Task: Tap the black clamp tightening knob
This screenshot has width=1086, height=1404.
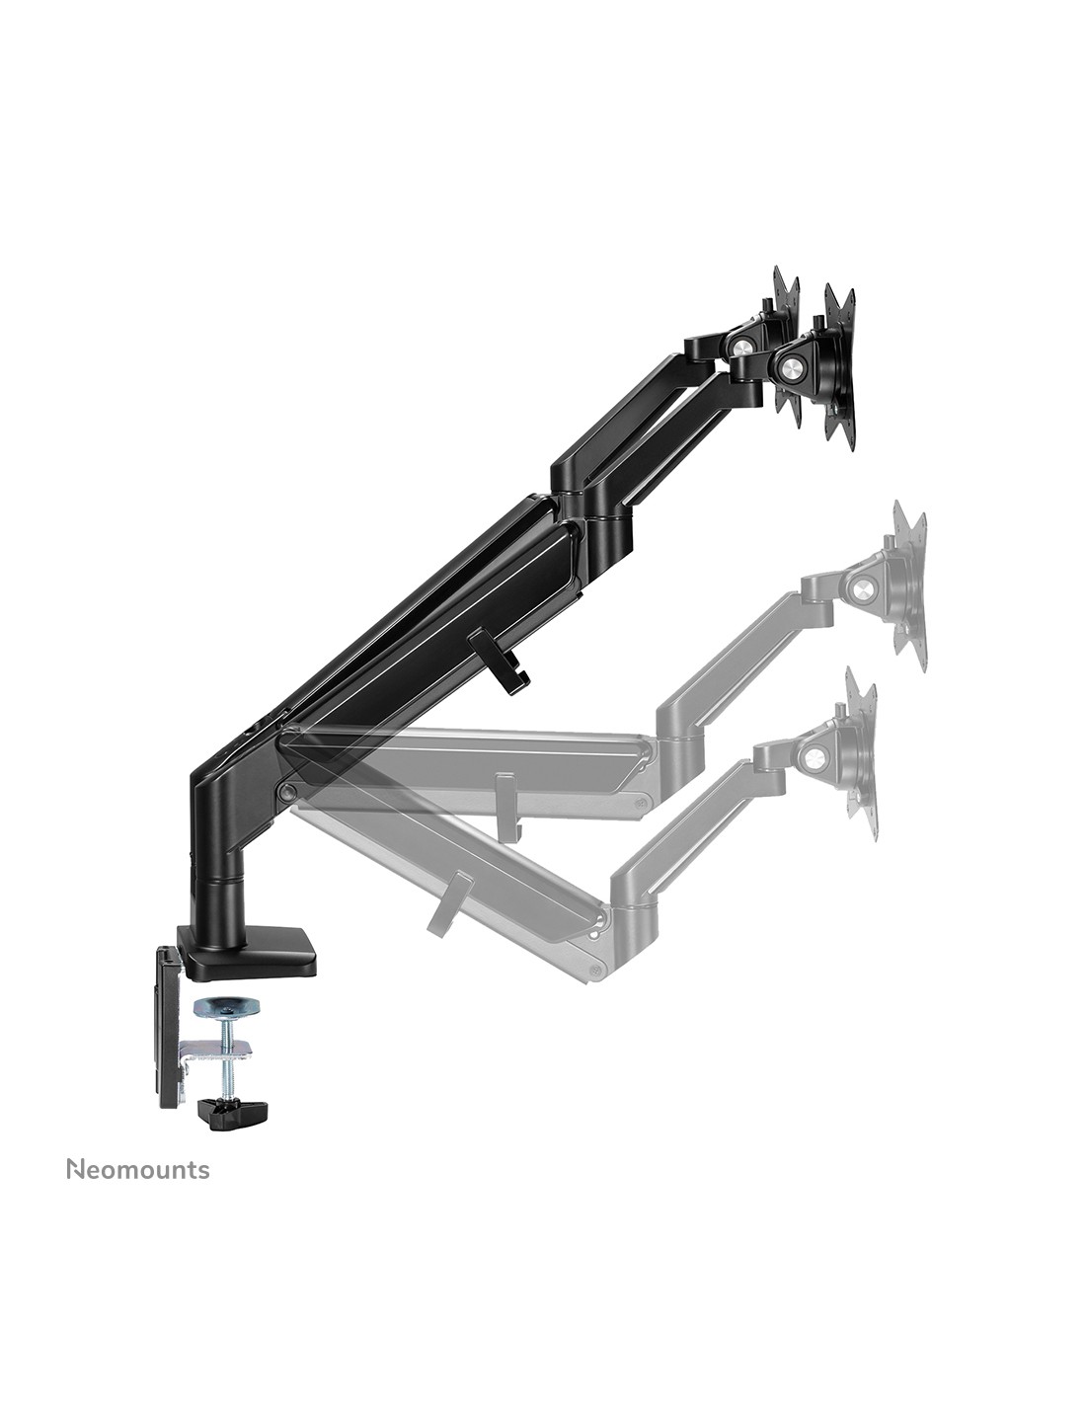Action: [x=231, y=1112]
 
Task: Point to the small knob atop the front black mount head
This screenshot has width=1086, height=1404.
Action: [x=818, y=321]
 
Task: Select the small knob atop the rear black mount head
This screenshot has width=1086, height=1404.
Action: [x=767, y=304]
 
